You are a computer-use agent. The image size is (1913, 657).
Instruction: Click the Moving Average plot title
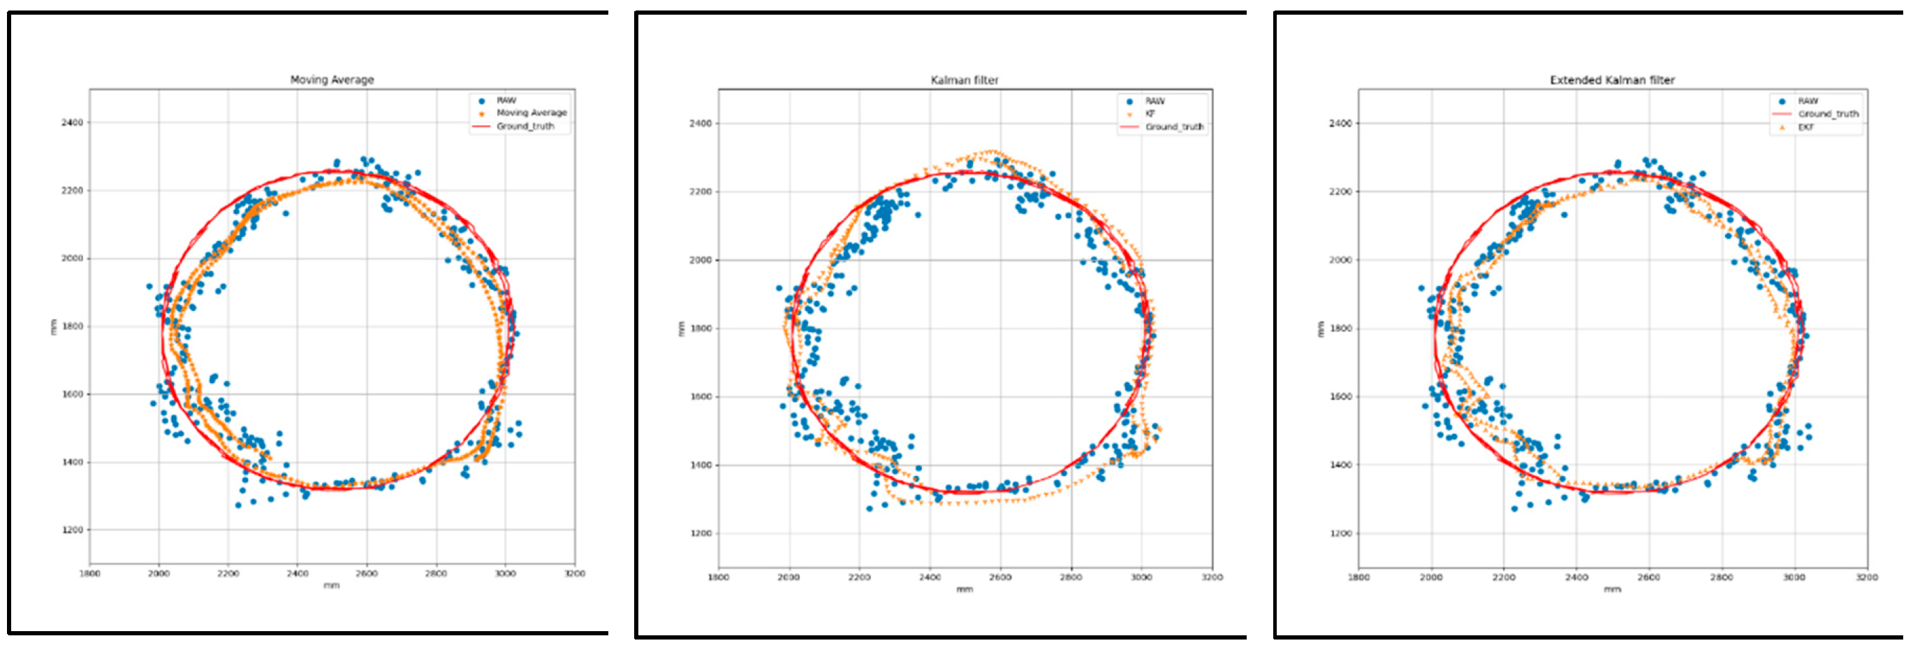click(332, 80)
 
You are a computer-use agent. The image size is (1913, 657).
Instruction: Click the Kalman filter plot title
click(965, 80)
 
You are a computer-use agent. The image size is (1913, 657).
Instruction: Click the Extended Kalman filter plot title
click(1612, 80)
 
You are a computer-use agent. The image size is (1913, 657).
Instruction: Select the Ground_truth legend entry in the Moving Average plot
click(525, 127)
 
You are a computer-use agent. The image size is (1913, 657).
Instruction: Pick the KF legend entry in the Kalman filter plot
click(1150, 114)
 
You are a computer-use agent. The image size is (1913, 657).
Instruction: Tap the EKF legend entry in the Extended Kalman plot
click(1806, 127)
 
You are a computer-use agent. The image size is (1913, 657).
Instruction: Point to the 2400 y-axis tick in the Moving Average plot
click(72, 122)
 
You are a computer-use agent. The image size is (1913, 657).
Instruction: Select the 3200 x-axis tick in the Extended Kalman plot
click(1866, 577)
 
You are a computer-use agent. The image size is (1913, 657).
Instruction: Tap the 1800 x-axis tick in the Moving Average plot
click(89, 573)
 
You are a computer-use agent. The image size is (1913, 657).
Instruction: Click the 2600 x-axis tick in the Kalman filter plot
click(1000, 577)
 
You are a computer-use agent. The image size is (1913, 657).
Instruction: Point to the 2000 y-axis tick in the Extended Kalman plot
click(1340, 260)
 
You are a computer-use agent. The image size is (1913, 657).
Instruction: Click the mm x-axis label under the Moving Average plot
click(331, 586)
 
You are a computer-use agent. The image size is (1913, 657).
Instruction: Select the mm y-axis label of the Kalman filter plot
click(680, 328)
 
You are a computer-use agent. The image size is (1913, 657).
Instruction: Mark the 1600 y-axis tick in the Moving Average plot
click(72, 395)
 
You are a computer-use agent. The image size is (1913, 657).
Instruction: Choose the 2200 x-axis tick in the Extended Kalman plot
click(1504, 577)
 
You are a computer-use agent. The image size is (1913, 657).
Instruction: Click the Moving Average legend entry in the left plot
click(532, 113)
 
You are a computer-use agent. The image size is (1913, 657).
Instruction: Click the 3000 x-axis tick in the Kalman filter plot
click(1141, 577)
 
